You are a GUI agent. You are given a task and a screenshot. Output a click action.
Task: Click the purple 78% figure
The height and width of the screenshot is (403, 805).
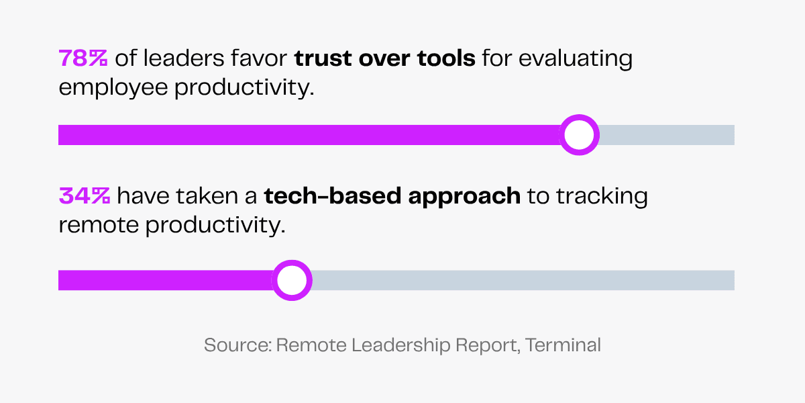pos(83,58)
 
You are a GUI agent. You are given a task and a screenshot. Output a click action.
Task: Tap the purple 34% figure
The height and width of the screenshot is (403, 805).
pos(85,195)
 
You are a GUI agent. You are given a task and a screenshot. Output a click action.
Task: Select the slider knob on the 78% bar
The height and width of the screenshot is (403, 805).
pos(579,135)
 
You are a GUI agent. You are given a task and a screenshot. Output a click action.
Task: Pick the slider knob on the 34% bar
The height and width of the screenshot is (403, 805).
pos(292,280)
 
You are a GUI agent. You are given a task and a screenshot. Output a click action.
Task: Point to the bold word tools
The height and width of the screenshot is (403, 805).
pos(446,58)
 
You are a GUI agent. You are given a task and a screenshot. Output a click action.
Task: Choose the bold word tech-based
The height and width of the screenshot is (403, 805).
pos(333,195)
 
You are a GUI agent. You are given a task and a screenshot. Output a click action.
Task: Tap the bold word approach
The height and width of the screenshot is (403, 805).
pos(464,197)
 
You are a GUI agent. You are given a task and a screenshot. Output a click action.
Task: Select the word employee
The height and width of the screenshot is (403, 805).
pos(113,89)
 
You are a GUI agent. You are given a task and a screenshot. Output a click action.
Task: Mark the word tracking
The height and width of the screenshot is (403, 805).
pos(602,197)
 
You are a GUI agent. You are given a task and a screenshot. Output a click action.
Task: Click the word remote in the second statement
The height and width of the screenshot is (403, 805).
pos(99,225)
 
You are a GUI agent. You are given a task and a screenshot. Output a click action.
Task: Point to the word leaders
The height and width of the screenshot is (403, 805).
pos(184,58)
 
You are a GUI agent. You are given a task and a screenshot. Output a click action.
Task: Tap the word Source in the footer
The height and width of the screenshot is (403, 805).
pos(237,345)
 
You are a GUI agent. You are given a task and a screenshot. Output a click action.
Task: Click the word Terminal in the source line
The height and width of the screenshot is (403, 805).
pos(563,345)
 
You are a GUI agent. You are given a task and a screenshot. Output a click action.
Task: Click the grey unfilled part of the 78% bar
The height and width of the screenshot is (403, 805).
pos(667,135)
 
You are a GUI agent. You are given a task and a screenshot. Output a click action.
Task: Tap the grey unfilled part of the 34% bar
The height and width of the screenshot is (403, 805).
pos(523,280)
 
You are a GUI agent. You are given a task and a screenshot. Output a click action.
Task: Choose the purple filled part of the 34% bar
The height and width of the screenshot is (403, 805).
pos(165,280)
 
